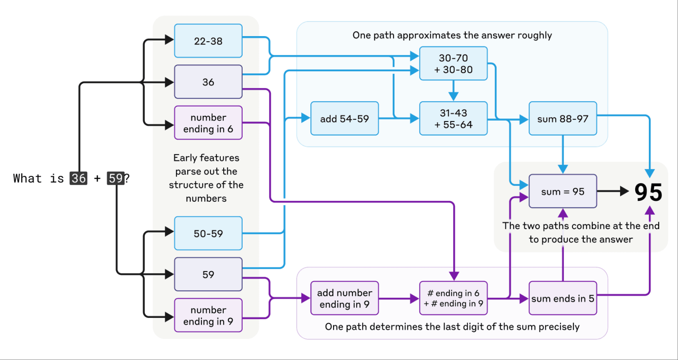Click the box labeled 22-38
coord(208,41)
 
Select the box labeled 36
coord(208,82)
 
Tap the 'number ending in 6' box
coord(208,123)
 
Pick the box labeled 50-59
coord(208,233)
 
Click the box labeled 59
coord(208,274)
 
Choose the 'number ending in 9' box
coord(208,316)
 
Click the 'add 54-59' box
coord(345,119)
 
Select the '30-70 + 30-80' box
coord(453,64)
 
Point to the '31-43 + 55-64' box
coord(453,119)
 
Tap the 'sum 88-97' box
coord(563,119)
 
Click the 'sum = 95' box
coord(563,191)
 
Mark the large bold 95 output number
coord(648,192)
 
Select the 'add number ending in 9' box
coord(345,298)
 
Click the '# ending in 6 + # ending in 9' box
coord(453,298)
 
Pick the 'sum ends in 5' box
coord(563,298)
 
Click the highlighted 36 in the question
coord(78,178)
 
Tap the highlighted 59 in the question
coord(116,178)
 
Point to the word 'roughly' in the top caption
coord(534,35)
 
